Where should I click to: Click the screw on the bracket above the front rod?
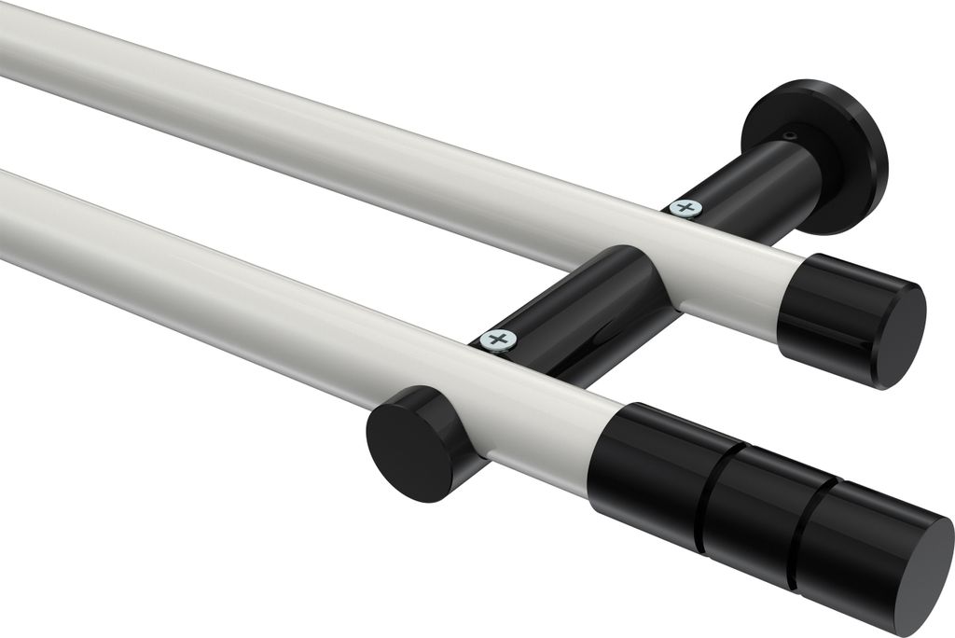tap(499, 340)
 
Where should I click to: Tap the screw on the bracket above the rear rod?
tap(686, 206)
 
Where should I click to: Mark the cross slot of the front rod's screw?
tap(499, 340)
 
